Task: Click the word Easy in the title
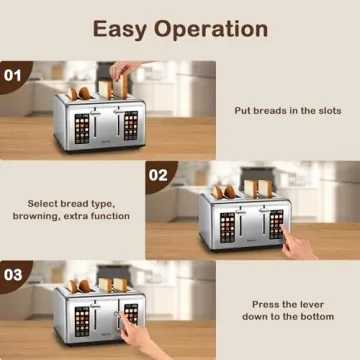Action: [125, 29]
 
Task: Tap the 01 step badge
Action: [13, 74]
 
